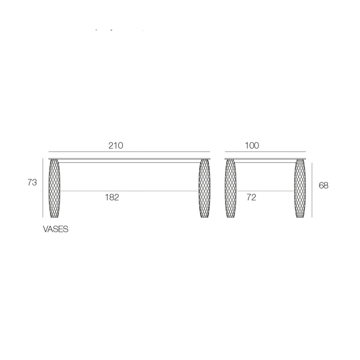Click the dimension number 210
(x=116, y=146)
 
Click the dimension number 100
(x=252, y=146)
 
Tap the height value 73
(x=32, y=182)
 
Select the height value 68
(x=324, y=186)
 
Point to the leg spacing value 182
(x=112, y=197)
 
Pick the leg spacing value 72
(x=251, y=197)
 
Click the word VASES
(x=56, y=230)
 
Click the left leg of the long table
(x=54, y=188)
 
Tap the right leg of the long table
(x=204, y=188)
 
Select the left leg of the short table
(x=230, y=188)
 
